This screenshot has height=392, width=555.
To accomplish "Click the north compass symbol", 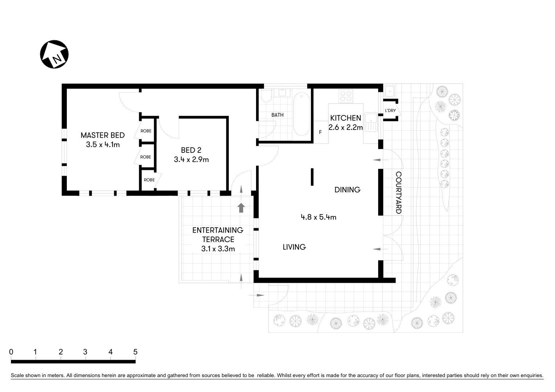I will click(x=54, y=54).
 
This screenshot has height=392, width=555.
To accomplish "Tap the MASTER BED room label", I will click(x=102, y=135).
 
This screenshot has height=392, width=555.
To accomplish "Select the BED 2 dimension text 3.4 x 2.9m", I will click(x=191, y=159).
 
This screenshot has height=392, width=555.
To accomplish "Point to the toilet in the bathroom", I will click(x=266, y=96).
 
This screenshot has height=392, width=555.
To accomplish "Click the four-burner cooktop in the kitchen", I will click(x=345, y=96).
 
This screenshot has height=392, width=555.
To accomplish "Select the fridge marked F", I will click(x=320, y=132).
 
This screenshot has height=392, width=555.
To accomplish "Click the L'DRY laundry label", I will click(x=390, y=111).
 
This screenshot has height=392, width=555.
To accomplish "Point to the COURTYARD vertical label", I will click(x=398, y=193).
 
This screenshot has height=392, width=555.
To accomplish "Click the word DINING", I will click(x=347, y=189).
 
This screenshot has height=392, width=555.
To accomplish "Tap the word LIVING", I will click(x=294, y=247).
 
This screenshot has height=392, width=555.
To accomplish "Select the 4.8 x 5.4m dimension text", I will click(x=318, y=217).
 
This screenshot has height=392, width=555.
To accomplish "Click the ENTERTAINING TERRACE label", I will click(x=218, y=235).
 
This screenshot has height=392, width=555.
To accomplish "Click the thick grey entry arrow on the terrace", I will click(x=241, y=208).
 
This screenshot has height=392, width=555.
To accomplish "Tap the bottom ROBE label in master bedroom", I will click(x=149, y=180).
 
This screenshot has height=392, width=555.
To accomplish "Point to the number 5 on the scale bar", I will click(x=135, y=352).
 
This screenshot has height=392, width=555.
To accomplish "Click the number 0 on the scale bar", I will click(x=11, y=352).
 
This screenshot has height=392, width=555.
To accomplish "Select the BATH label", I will click(x=277, y=115).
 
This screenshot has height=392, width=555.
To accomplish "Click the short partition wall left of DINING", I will click(x=312, y=177).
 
